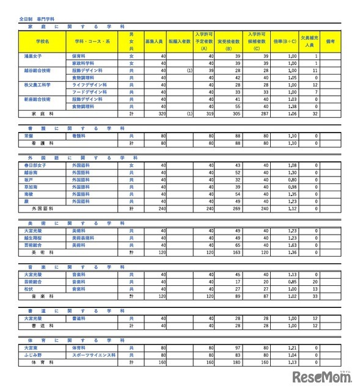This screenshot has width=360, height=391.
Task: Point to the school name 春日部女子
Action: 36,165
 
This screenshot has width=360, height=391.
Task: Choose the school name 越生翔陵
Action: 34,237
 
